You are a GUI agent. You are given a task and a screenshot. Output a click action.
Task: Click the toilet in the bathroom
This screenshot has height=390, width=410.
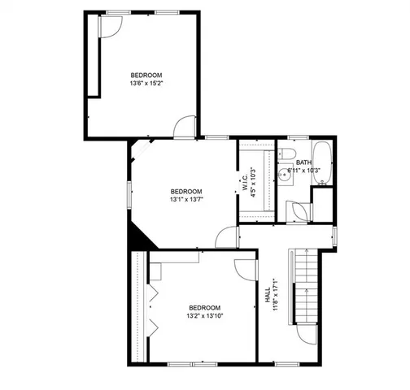tap(286, 154)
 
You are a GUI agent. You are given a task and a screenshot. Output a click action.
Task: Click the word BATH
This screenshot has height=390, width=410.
tap(303, 162)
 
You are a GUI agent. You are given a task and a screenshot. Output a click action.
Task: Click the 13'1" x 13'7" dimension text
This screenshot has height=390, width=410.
tap(186, 198)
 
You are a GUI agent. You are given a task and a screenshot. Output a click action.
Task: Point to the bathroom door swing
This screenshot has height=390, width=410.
tap(299, 209)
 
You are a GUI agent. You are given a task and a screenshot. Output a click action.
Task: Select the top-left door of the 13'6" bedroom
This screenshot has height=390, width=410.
tap(109, 25)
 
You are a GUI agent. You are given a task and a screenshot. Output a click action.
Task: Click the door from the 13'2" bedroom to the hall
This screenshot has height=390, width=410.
tap(246, 271)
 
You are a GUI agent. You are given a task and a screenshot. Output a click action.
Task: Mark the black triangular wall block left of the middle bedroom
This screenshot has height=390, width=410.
tap(137, 236)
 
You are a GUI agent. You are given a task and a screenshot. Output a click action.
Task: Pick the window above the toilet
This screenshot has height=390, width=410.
tap(298, 136)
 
